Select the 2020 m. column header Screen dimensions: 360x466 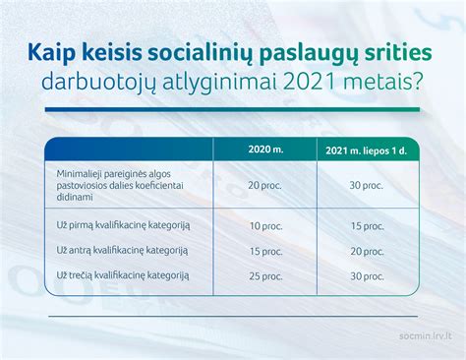263,150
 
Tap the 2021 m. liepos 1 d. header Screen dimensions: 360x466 366,150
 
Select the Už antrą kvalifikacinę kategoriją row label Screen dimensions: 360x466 123,251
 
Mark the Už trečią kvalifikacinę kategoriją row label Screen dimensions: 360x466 123,275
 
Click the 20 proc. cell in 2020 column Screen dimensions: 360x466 263,184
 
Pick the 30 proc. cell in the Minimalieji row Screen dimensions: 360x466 366,184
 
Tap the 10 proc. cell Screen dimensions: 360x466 263,226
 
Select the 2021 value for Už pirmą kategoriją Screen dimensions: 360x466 366,226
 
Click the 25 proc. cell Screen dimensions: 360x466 263,275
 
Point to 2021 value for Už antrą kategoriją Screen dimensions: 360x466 366,251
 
